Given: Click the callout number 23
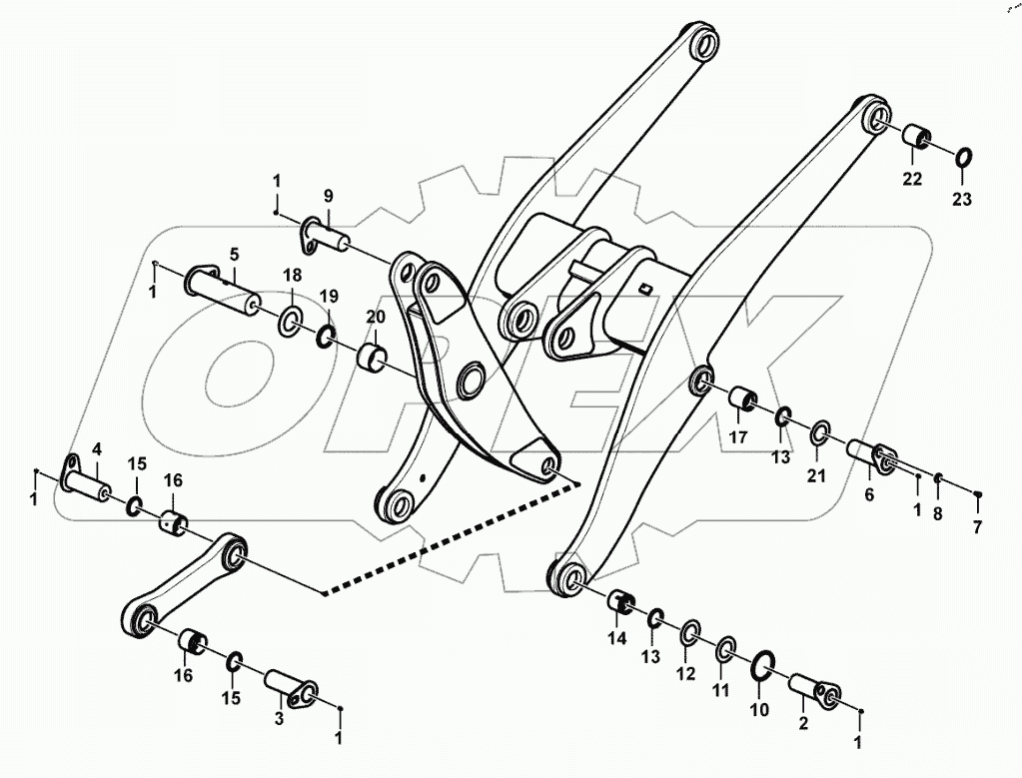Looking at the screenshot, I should (x=960, y=200).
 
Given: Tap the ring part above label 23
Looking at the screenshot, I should (x=963, y=158).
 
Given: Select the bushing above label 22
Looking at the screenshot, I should (x=916, y=137).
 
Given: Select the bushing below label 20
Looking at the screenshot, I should (x=375, y=356).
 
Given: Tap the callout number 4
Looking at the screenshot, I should (x=98, y=447).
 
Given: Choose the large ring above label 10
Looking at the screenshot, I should (x=762, y=664).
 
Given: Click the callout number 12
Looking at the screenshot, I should (x=684, y=674).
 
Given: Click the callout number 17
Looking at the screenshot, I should (x=737, y=436).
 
